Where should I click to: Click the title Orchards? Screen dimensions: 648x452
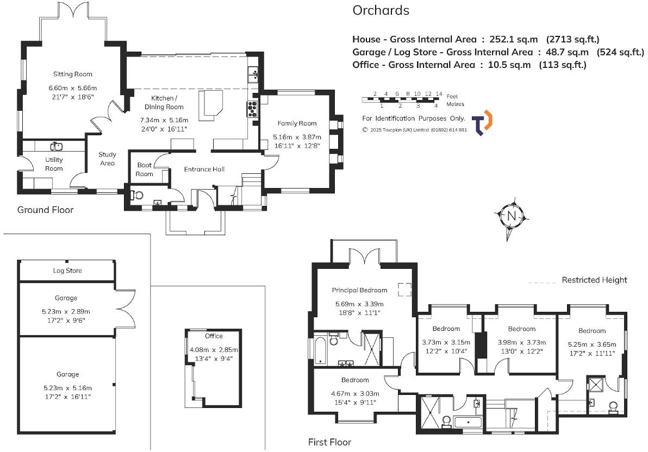coord(381,10)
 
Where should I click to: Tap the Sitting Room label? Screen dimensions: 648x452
coord(72,74)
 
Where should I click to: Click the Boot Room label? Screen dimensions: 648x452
coord(145,169)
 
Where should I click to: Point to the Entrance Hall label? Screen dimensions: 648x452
coord(204,169)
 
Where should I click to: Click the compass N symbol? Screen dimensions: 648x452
coord(511,216)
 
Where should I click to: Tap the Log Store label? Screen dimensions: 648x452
coord(67,271)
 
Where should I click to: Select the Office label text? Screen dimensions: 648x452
coord(214,336)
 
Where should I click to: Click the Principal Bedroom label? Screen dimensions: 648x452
coord(359,290)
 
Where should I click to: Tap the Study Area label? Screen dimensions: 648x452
coord(107,159)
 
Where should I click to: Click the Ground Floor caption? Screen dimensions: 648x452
coord(45,210)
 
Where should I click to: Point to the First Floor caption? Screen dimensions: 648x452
coord(329,442)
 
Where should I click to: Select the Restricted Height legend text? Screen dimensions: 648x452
coord(594,280)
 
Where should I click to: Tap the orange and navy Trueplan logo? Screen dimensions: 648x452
coord(481,122)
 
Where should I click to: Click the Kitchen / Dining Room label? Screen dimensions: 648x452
coord(164,103)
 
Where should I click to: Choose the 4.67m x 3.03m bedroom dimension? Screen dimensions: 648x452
coord(354,394)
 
